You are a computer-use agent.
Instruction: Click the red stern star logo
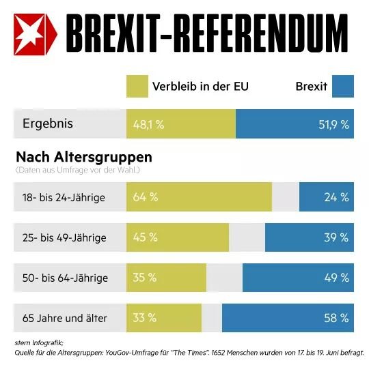[36, 34]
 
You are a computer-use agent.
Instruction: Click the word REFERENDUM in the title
[261, 33]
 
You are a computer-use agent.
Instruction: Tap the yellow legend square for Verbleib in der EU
[137, 86]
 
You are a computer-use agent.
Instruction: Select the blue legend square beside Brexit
[343, 86]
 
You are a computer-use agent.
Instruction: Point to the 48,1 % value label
[148, 125]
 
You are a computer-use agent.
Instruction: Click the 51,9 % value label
[333, 125]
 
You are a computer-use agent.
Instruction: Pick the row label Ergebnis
[48, 124]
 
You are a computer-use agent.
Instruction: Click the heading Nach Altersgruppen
[84, 158]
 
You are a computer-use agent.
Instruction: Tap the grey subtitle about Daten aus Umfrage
[78, 170]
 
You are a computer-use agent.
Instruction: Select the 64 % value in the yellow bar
[146, 197]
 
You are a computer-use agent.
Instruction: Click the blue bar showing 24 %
[327, 196]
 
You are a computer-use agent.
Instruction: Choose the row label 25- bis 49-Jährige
[64, 238]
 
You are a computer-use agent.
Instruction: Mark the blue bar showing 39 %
[310, 237]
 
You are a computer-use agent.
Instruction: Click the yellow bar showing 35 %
[166, 278]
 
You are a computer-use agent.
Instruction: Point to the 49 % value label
[336, 278]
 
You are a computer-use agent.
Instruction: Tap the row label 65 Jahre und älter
[65, 318]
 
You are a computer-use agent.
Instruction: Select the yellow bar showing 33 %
[164, 318]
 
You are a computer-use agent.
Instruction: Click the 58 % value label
[336, 318]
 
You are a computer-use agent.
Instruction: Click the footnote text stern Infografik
[39, 343]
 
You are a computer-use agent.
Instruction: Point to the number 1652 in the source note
[218, 353]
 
